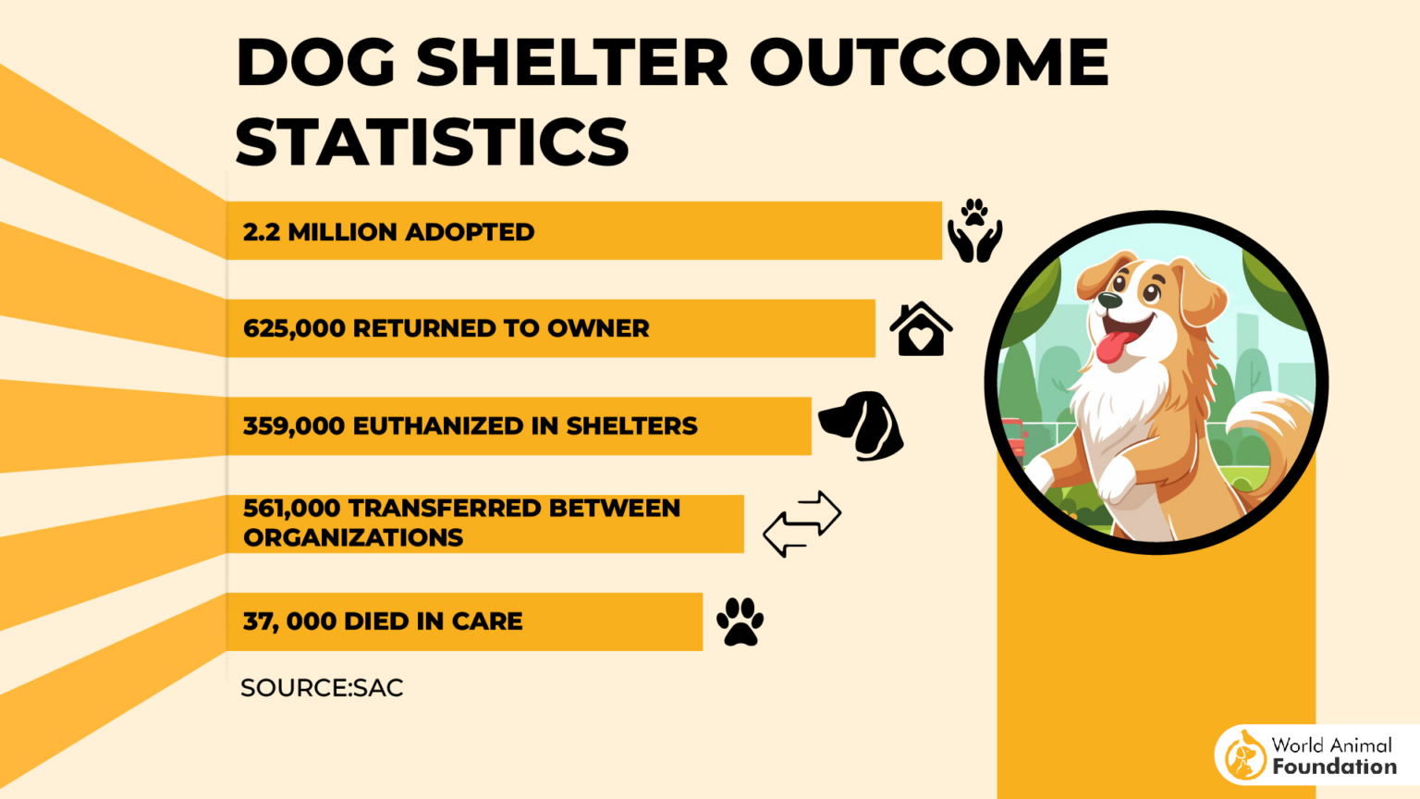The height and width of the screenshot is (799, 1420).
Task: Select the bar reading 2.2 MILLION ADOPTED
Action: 583,231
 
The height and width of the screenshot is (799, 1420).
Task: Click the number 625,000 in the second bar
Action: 293,328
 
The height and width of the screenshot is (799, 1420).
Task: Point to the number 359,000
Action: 293,426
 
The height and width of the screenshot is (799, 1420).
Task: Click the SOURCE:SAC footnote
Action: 322,688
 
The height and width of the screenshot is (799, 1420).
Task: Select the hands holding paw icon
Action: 974,231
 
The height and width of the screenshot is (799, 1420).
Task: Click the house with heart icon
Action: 921,329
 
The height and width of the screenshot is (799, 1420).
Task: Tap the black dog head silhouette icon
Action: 862,425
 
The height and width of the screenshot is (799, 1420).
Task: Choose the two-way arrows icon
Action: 802,523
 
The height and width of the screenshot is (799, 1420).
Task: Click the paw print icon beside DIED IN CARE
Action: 741,621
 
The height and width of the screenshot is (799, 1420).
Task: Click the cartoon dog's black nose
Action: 1110,301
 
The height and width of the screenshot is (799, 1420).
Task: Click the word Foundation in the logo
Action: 1334,767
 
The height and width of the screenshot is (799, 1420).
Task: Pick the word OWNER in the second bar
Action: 598,328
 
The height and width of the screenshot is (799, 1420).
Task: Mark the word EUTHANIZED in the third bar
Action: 438,426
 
